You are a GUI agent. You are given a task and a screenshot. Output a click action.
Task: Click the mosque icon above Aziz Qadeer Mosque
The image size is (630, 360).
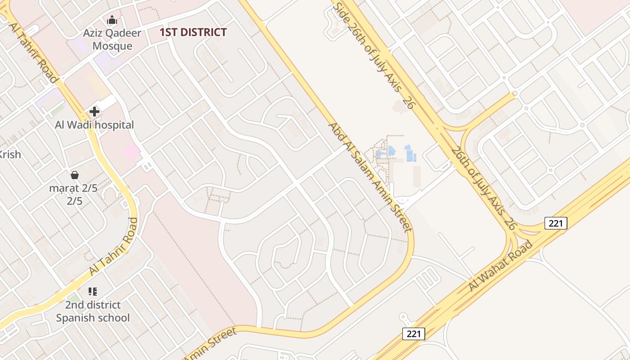112,20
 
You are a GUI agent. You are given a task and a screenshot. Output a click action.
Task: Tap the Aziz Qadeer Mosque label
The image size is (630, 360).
112,39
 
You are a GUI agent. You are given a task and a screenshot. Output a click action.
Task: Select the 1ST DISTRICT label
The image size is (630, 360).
193,32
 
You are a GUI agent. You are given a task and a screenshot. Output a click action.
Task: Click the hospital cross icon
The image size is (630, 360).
94,111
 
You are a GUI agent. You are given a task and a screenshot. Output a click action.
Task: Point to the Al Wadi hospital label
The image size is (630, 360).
94,125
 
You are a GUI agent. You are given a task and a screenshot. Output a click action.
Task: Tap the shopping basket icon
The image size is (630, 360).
75,175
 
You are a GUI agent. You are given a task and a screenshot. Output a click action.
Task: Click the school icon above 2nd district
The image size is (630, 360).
93,292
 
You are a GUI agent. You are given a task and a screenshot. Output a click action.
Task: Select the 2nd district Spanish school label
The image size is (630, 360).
93,311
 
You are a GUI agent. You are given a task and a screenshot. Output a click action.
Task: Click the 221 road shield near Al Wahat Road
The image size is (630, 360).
556,223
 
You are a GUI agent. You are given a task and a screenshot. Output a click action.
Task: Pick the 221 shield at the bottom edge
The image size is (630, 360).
414,333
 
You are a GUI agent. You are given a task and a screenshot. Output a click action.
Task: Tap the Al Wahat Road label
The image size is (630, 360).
501,265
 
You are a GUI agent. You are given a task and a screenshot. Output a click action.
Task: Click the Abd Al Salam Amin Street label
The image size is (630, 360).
370,176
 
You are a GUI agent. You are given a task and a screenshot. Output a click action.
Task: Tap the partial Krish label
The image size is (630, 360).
10,154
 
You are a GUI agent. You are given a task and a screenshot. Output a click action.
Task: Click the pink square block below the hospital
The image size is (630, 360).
132,151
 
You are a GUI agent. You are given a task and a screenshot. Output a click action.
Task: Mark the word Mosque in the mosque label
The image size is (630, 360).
112,46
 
